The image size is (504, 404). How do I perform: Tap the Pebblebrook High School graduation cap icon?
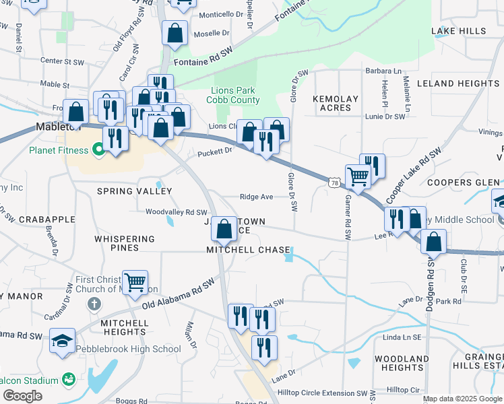point(62,341)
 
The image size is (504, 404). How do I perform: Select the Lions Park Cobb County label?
point(235,96)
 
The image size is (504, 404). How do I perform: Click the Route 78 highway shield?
point(334,182)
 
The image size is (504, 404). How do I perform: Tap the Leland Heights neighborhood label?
point(458,83)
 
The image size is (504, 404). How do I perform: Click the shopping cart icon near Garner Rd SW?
point(358,176)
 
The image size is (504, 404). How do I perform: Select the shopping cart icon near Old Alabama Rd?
point(135,282)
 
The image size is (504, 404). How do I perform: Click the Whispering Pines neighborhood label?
point(125,243)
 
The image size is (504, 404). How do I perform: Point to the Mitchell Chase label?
point(249,249)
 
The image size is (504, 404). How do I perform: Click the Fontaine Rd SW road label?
point(203,61)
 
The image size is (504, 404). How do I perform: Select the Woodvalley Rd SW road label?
point(177,211)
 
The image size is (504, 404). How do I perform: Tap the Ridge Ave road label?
point(256,197)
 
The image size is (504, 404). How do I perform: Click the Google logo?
point(22,396)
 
